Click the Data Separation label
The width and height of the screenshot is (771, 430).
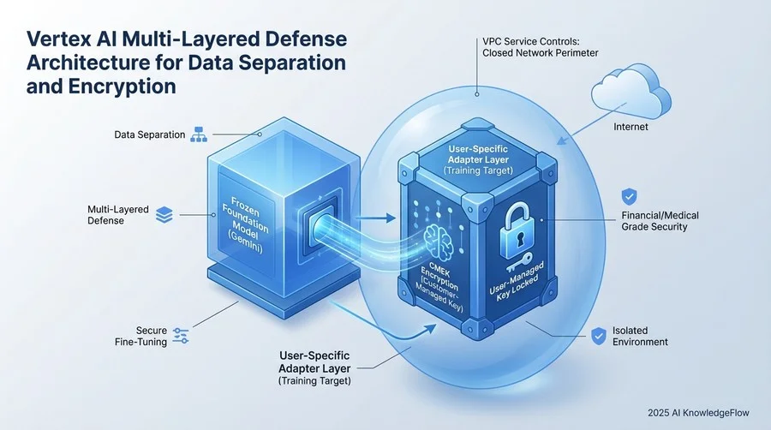pos(150,135)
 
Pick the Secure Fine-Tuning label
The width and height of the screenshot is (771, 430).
pos(139,336)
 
